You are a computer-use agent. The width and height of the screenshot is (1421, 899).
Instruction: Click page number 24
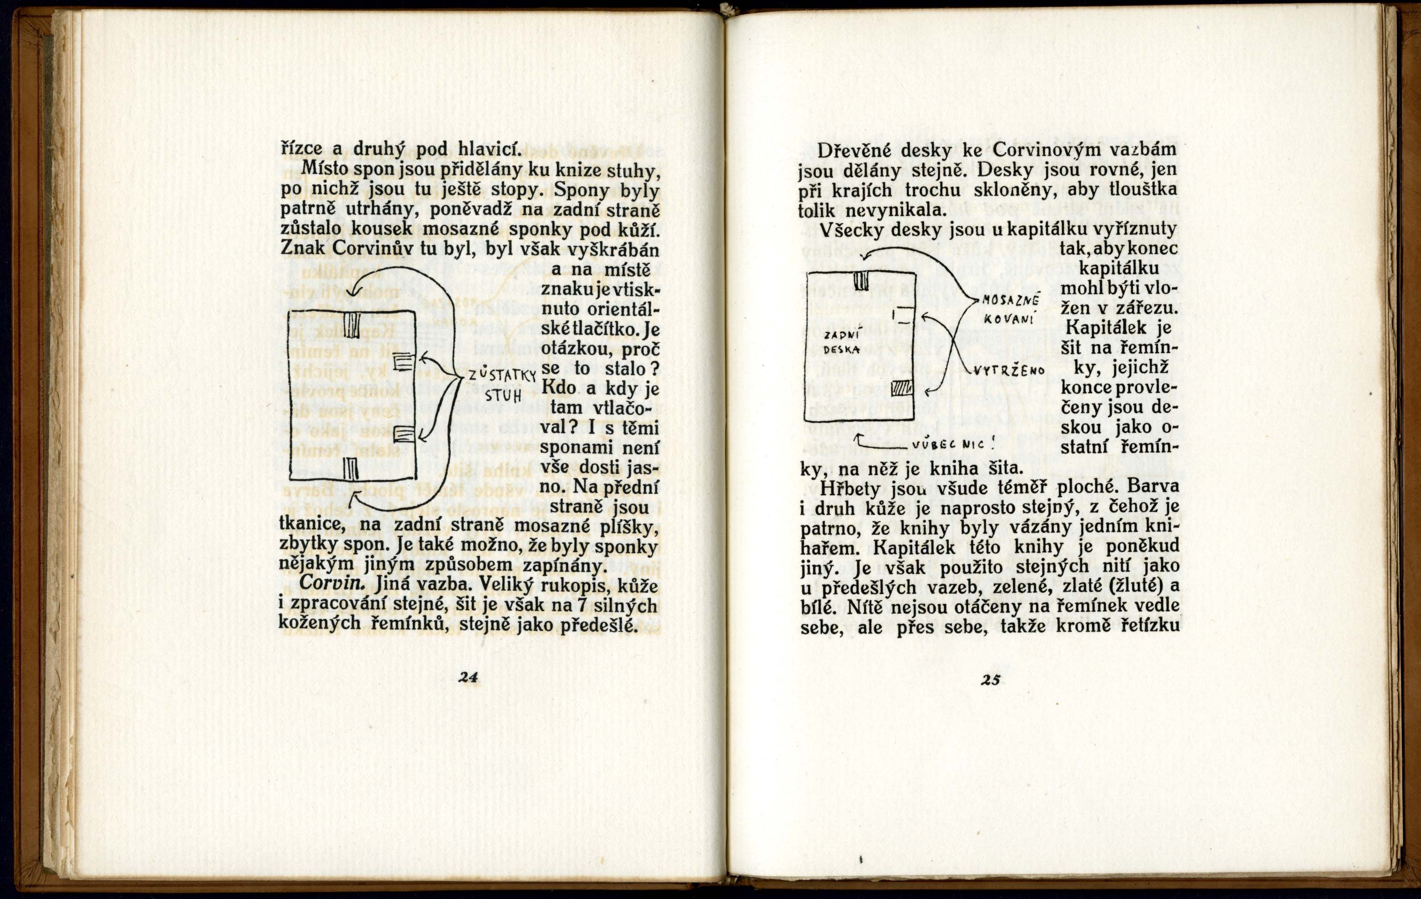(x=467, y=678)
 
